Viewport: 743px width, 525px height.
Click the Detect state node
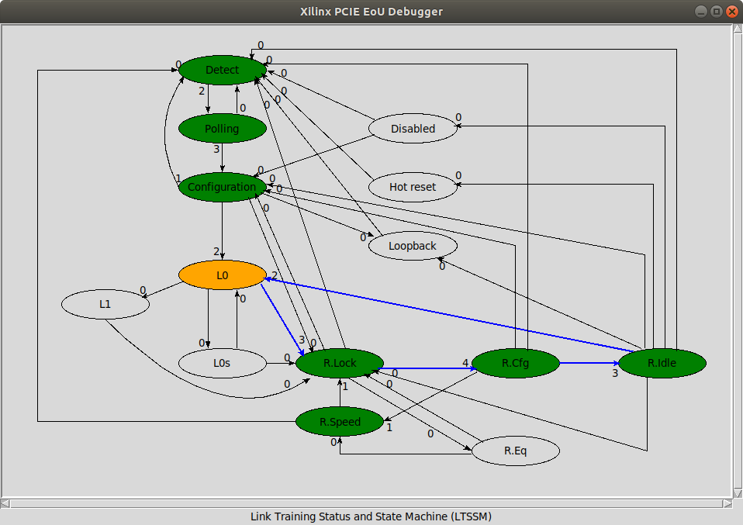click(223, 70)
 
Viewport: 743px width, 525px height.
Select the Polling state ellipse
click(223, 128)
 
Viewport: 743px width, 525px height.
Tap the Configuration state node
click(223, 187)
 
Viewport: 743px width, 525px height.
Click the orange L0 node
click(223, 275)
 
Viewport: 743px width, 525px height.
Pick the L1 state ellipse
click(105, 304)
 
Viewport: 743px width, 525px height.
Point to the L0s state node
click(223, 363)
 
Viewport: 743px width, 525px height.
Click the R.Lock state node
click(340, 363)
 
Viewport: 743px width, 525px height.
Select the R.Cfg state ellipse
click(515, 363)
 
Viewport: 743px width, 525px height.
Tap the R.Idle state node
click(662, 363)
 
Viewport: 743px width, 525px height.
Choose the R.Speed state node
click(340, 422)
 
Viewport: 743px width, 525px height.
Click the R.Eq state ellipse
click(515, 450)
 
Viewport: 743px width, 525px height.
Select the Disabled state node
click(413, 129)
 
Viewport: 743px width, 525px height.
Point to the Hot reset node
click(413, 187)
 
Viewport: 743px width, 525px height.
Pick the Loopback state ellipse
click(413, 246)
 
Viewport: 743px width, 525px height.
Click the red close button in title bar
click(731, 12)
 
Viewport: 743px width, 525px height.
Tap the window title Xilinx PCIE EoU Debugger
click(371, 12)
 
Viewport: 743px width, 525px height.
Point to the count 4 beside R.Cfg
click(465, 363)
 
